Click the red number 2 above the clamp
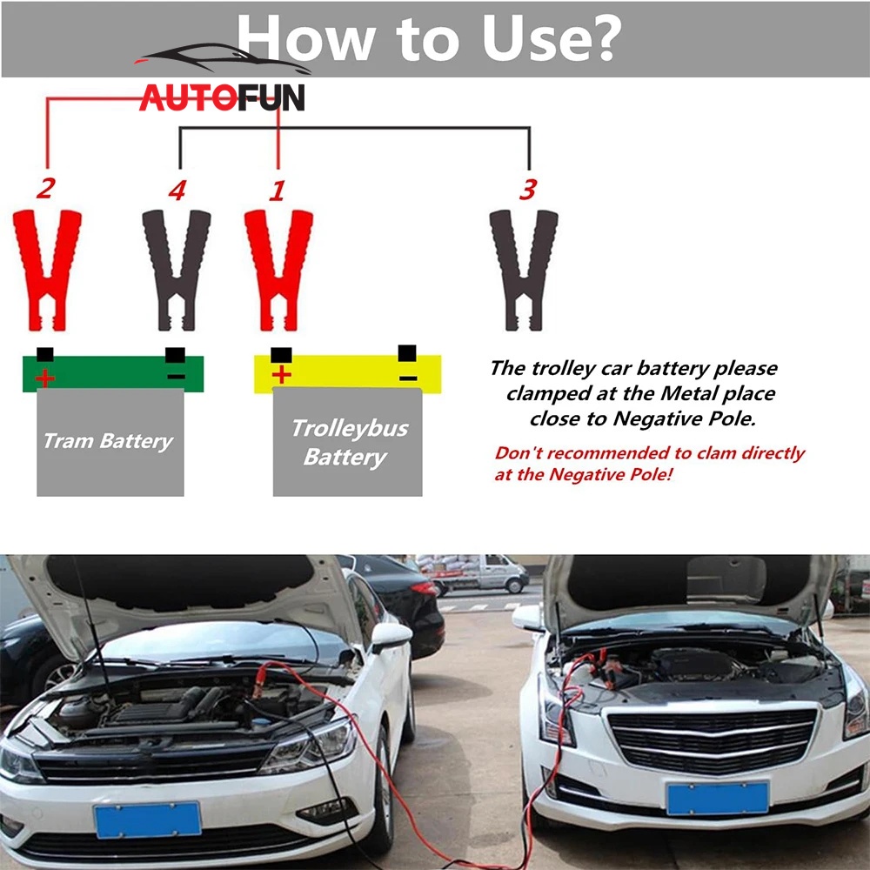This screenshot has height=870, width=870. click(46, 188)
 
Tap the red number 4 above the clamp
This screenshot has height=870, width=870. click(177, 191)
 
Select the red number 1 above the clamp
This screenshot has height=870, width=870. click(278, 191)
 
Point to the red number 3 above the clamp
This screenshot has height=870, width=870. click(528, 189)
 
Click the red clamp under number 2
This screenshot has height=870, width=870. click(47, 271)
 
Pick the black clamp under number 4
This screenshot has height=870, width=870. click(177, 271)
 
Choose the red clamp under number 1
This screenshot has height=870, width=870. click(278, 271)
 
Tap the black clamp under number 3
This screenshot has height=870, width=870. click(524, 271)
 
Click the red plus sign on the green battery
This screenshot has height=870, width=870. click(45, 378)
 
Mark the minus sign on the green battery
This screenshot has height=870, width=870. click(177, 378)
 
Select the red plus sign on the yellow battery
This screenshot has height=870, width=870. click(281, 374)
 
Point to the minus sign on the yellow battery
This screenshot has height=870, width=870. click(408, 378)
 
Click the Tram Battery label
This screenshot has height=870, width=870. click(109, 442)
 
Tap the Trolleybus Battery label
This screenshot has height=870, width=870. click(349, 443)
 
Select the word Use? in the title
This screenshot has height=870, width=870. click(552, 37)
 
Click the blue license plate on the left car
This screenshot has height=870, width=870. click(148, 820)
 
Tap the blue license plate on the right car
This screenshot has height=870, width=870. click(718, 798)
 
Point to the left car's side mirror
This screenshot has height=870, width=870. click(391, 636)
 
